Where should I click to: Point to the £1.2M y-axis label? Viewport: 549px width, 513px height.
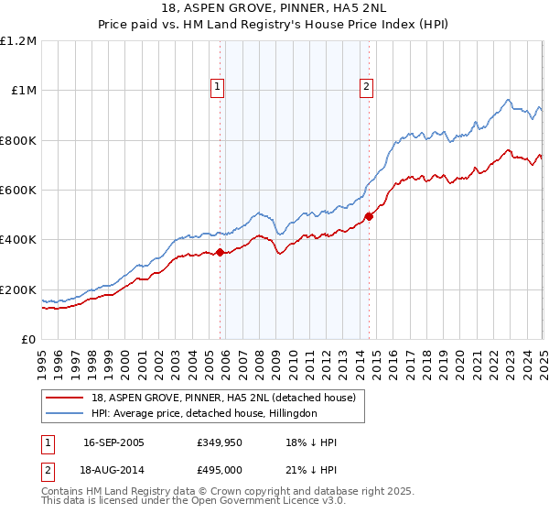[x=18, y=40]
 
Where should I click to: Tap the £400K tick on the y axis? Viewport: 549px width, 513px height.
[x=18, y=240]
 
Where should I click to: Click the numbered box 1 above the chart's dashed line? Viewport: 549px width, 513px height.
[x=219, y=88]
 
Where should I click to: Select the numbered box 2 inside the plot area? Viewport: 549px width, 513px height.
[x=366, y=88]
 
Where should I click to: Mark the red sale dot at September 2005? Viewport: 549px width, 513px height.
[x=220, y=253]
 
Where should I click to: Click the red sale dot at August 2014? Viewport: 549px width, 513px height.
[x=369, y=216]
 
